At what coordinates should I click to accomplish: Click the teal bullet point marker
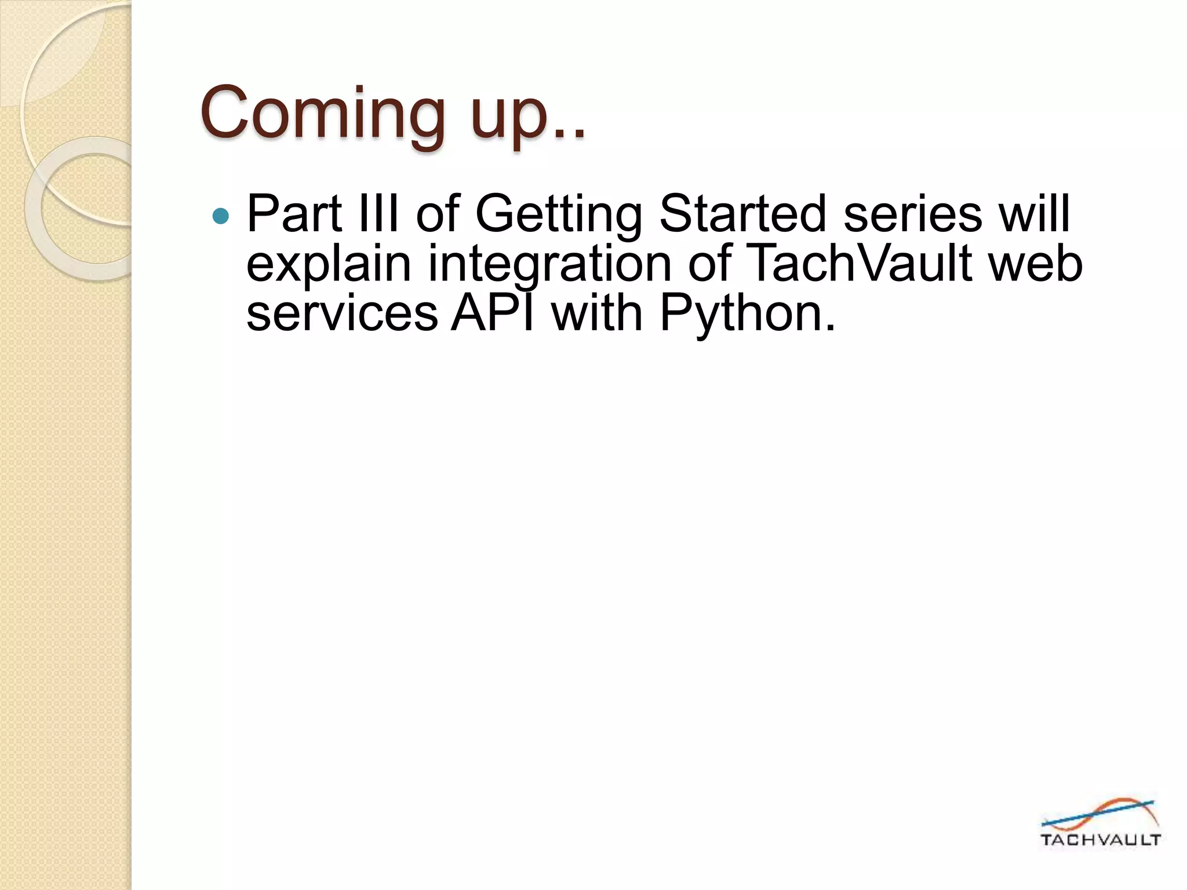[x=221, y=217]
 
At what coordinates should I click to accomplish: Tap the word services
[x=342, y=313]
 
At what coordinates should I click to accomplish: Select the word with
[x=596, y=313]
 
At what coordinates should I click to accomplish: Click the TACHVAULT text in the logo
[x=1100, y=840]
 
